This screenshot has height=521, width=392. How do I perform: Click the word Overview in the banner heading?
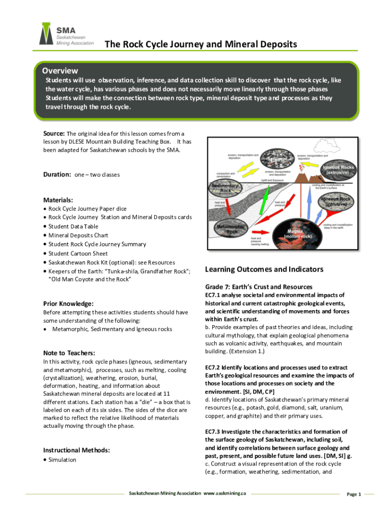pyautogui.click(x=60, y=71)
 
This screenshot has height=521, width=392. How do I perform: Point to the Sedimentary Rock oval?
pyautogui.click(x=226, y=188)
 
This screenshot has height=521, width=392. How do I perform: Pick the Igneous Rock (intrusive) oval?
pyautogui.click(x=337, y=201)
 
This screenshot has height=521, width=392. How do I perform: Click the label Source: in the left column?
pyautogui.click(x=54, y=133)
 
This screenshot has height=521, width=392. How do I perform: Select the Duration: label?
pyautogui.click(x=57, y=175)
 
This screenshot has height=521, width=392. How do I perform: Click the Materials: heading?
pyautogui.click(x=58, y=200)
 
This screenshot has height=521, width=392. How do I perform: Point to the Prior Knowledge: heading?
pyautogui.click(x=68, y=304)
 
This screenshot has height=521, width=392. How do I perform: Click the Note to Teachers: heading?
pyautogui.click(x=69, y=353)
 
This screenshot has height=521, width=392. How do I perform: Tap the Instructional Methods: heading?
pyautogui.click(x=77, y=450)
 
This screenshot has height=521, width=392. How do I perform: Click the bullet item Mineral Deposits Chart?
pyautogui.click(x=78, y=236)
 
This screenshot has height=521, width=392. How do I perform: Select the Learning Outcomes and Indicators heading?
pyautogui.click(x=264, y=269)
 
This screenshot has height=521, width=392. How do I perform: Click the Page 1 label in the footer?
pyautogui.click(x=353, y=494)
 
